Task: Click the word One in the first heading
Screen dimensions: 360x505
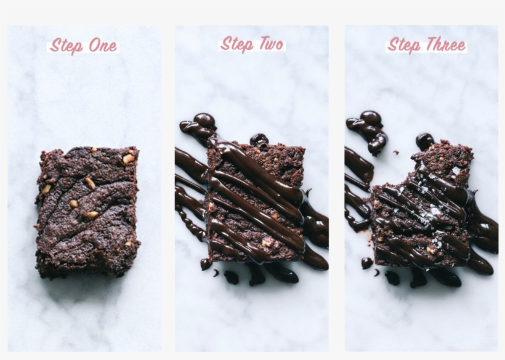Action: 103,46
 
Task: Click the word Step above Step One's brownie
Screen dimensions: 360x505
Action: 67,46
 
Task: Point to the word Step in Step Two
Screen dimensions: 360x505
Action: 237,45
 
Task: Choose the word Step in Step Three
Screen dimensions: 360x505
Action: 404,46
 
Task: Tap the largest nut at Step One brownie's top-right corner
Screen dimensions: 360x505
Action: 128,159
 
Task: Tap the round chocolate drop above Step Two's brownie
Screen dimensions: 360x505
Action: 259,140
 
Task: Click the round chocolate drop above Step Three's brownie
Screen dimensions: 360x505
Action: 424,141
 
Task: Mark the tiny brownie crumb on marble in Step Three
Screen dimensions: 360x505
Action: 396,153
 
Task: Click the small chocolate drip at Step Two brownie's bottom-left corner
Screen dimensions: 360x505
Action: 205,264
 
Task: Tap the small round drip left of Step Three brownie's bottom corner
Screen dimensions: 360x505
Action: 366,263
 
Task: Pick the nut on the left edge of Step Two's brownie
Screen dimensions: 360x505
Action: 211,207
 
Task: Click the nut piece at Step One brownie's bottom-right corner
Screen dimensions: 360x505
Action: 129,244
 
